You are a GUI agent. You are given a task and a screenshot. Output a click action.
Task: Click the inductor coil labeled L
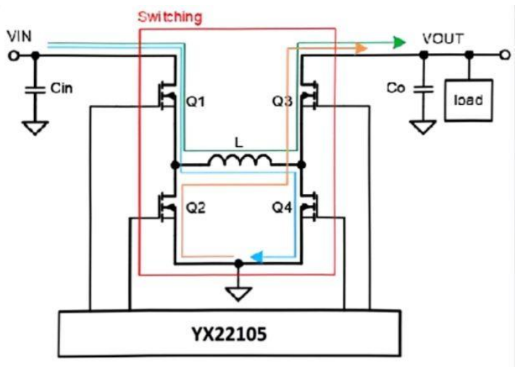click(240, 161)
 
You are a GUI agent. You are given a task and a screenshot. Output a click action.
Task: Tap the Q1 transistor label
click(196, 103)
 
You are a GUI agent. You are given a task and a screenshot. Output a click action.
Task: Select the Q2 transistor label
click(196, 208)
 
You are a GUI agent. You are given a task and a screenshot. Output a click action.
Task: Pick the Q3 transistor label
click(282, 103)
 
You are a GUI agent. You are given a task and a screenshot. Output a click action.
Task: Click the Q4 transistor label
click(282, 208)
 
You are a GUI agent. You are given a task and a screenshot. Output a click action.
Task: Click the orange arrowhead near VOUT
click(361, 48)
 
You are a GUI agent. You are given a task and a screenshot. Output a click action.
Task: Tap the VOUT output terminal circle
click(502, 54)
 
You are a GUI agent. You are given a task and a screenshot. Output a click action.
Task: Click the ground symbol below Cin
click(32, 129)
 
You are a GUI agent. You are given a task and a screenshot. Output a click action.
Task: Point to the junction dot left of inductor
click(175, 166)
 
